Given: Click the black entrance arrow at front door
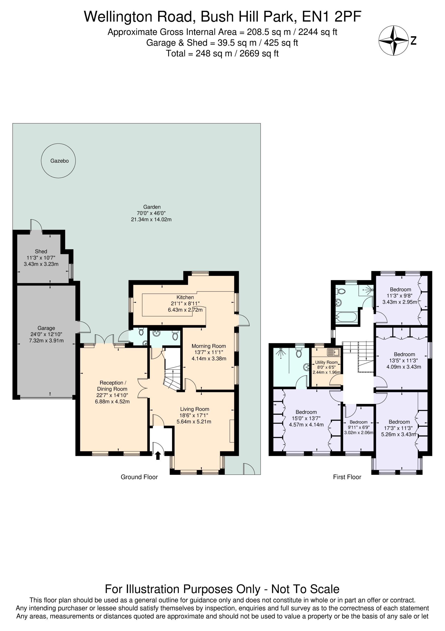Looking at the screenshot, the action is [158, 456].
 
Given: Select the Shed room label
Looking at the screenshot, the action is [41, 251].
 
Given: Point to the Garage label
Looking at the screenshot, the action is [46, 328].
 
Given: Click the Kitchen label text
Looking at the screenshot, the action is [185, 297].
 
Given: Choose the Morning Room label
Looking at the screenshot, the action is [209, 346].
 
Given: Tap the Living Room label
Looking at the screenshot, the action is [195, 409].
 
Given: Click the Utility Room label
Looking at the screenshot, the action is [326, 362].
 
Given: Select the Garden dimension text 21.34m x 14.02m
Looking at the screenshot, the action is [151, 219].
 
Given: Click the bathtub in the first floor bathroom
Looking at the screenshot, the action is [347, 317].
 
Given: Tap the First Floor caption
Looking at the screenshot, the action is [347, 477].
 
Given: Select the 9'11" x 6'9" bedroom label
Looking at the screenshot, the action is [359, 427].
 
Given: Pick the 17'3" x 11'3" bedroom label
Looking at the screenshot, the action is [398, 428].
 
